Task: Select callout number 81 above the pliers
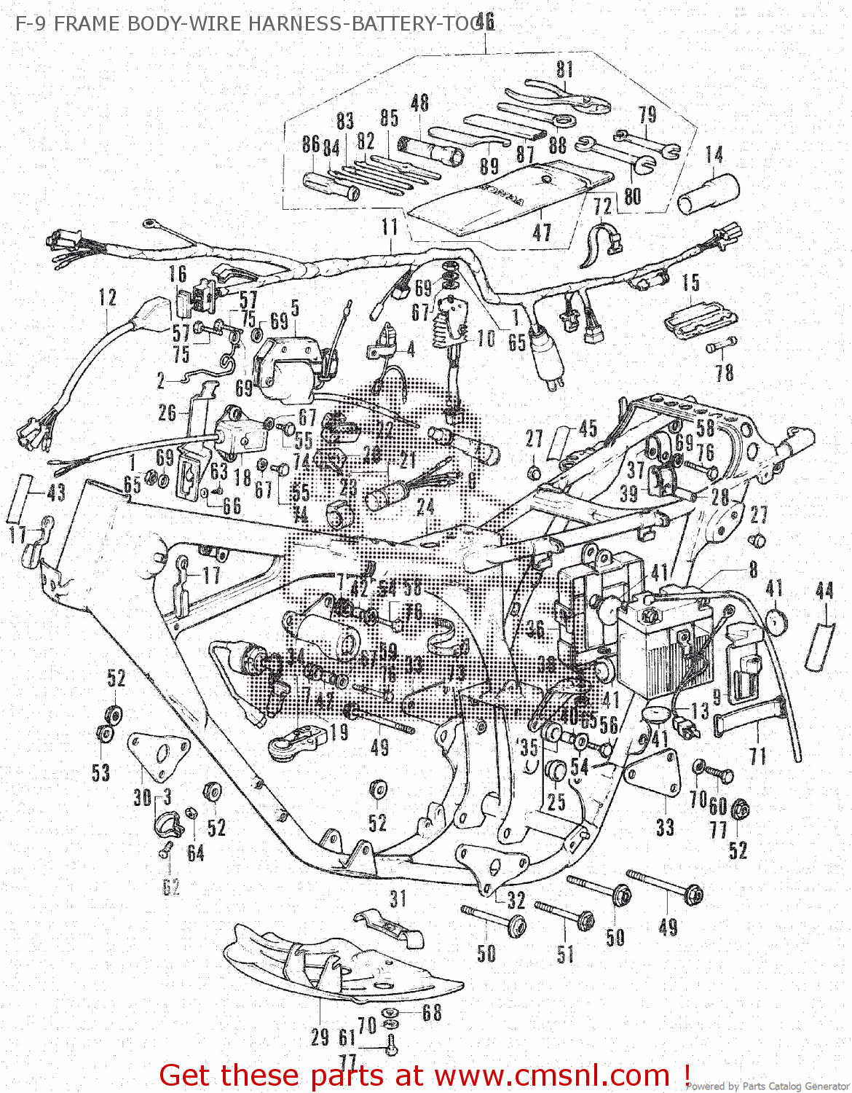[x=565, y=69]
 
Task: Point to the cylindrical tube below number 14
[x=709, y=194]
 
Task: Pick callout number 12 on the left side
[x=107, y=297]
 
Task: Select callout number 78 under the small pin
[x=724, y=372]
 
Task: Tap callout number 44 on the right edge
[x=824, y=590]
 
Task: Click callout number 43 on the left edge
[x=56, y=493]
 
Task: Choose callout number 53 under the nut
[x=101, y=772]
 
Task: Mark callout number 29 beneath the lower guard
[x=320, y=1038]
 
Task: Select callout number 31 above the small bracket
[x=398, y=898]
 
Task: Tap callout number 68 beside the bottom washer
[x=432, y=1012]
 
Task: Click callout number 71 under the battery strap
[x=758, y=756]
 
